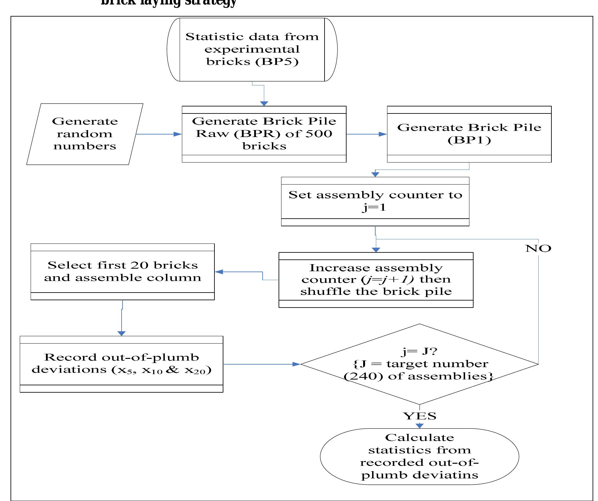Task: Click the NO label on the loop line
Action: click(x=538, y=248)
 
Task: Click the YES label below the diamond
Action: click(x=419, y=416)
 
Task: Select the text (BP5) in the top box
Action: click(x=277, y=61)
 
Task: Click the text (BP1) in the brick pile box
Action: click(x=469, y=140)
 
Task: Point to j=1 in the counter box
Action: click(x=374, y=207)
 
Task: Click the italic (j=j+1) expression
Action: click(x=387, y=279)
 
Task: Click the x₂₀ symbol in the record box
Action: click(x=195, y=370)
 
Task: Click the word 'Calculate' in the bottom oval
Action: click(x=419, y=437)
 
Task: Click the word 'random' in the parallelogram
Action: click(x=85, y=134)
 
